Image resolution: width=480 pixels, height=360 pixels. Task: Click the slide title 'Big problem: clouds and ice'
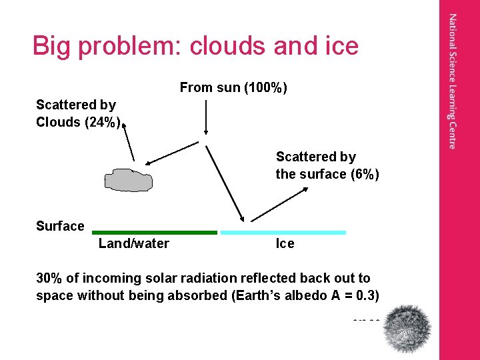195,46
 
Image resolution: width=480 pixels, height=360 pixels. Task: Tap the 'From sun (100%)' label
233,87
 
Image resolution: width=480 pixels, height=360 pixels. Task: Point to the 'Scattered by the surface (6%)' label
327,166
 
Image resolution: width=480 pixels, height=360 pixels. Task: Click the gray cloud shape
128,180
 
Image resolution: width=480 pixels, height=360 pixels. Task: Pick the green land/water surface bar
155,232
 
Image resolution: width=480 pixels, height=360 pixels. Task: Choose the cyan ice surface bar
283,232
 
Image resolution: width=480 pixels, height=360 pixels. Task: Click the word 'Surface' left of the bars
60,226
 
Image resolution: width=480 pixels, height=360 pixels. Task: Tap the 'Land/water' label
133,244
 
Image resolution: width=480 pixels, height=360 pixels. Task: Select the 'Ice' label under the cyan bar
285,244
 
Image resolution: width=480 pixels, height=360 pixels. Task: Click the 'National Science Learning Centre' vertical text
453,81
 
